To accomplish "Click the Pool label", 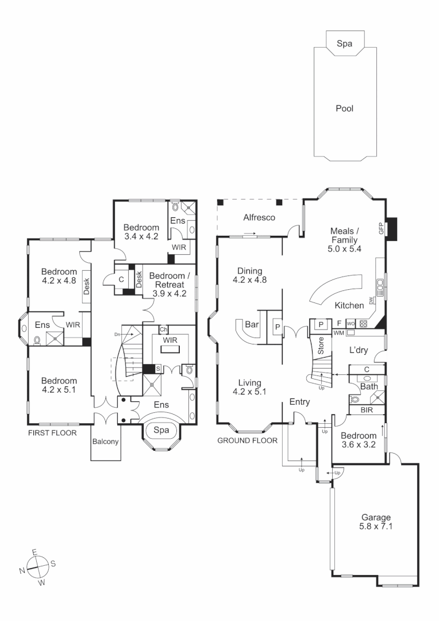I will pyautogui.click(x=345, y=108).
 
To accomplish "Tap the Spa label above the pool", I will pyautogui.click(x=344, y=43).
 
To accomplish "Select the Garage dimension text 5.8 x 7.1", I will pyautogui.click(x=376, y=526).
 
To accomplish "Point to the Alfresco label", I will pyautogui.click(x=260, y=217).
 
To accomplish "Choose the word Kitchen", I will pyautogui.click(x=349, y=305).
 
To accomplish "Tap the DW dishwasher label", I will pyautogui.click(x=372, y=301).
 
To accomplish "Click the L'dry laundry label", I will pyautogui.click(x=361, y=350).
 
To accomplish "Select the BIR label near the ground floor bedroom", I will pyautogui.click(x=367, y=411).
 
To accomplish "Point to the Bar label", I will pyautogui.click(x=252, y=324).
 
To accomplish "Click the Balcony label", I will pyautogui.click(x=106, y=442).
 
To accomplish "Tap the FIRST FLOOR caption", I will pyautogui.click(x=52, y=433).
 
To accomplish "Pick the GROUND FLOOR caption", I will pyautogui.click(x=247, y=440).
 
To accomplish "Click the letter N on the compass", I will pyautogui.click(x=22, y=571).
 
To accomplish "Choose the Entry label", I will pyautogui.click(x=299, y=401).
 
